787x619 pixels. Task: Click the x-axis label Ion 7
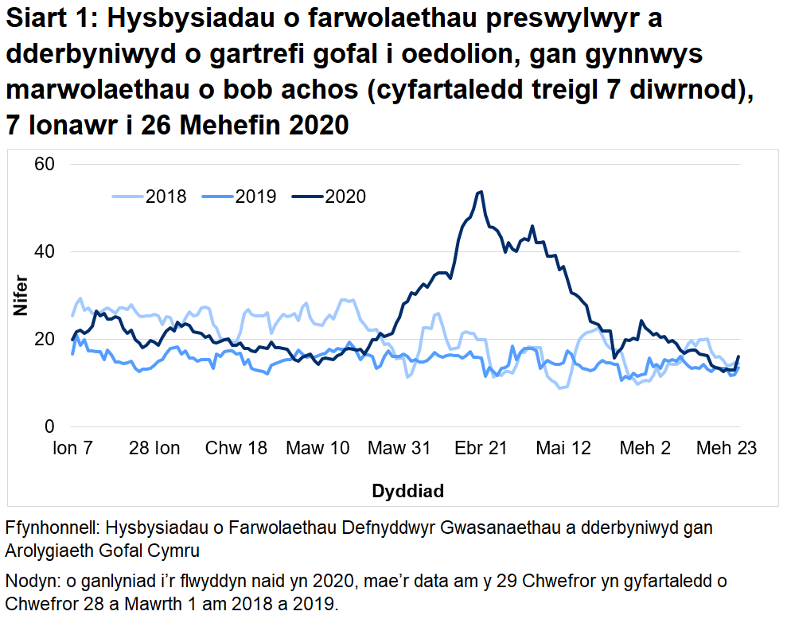[72, 449]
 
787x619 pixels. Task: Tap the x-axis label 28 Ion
[154, 449]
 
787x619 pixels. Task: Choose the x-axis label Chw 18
[236, 449]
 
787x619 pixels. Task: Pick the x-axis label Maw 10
[318, 449]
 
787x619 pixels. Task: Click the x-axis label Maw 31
[399, 449]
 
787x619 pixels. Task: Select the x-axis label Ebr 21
[481, 449]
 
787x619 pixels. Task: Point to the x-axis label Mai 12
[563, 449]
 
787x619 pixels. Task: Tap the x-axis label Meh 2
[645, 449]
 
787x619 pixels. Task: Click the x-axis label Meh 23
[727, 449]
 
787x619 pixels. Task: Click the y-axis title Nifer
[20, 296]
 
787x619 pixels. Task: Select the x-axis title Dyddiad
[407, 491]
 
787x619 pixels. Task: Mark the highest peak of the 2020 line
[480, 192]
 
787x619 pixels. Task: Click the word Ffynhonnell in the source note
[52, 528]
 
